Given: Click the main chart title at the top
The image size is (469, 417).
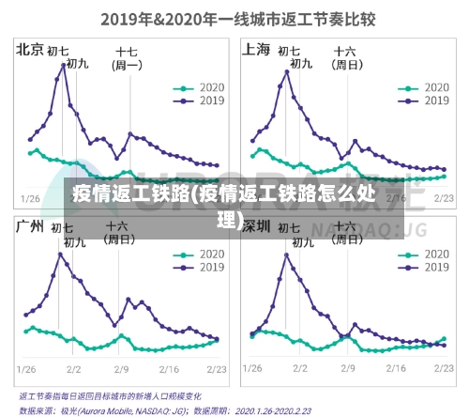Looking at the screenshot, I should pyautogui.click(x=234, y=16).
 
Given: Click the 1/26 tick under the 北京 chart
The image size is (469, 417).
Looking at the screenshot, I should pyautogui.click(x=31, y=198).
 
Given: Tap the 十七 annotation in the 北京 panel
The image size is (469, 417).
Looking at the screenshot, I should pyautogui.click(x=127, y=52).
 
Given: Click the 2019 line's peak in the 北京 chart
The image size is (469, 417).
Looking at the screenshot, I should pyautogui.click(x=64, y=65).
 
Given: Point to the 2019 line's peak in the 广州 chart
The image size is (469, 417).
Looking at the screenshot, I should pyautogui.click(x=61, y=254).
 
